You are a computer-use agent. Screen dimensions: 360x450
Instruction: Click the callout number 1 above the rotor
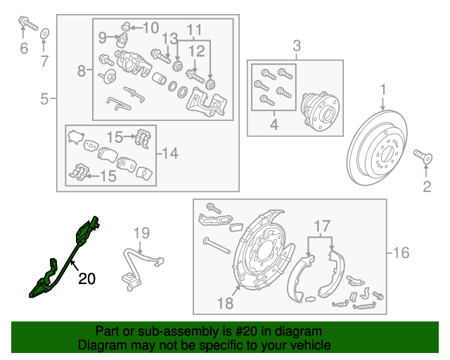click(384, 89)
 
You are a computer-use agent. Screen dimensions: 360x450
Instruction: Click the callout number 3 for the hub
click(296, 47)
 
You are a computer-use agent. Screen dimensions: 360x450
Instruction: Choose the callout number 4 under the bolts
click(274, 126)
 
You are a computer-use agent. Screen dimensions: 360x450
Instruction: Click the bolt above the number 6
click(26, 25)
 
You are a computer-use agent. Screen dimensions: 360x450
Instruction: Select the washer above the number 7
click(44, 33)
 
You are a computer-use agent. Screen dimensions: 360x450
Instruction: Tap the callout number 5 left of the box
click(44, 99)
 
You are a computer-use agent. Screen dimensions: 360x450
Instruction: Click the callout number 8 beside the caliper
click(82, 70)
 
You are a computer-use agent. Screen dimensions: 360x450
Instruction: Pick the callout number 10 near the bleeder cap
click(151, 28)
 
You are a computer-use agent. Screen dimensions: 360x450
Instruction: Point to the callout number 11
click(194, 30)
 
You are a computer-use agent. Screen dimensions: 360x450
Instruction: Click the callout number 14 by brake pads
click(172, 153)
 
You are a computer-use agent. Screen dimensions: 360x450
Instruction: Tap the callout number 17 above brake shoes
click(321, 226)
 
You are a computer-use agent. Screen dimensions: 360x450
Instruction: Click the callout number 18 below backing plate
click(225, 303)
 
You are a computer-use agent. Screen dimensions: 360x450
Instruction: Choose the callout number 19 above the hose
click(142, 233)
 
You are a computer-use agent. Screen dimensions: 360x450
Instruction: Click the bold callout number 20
click(86, 279)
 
